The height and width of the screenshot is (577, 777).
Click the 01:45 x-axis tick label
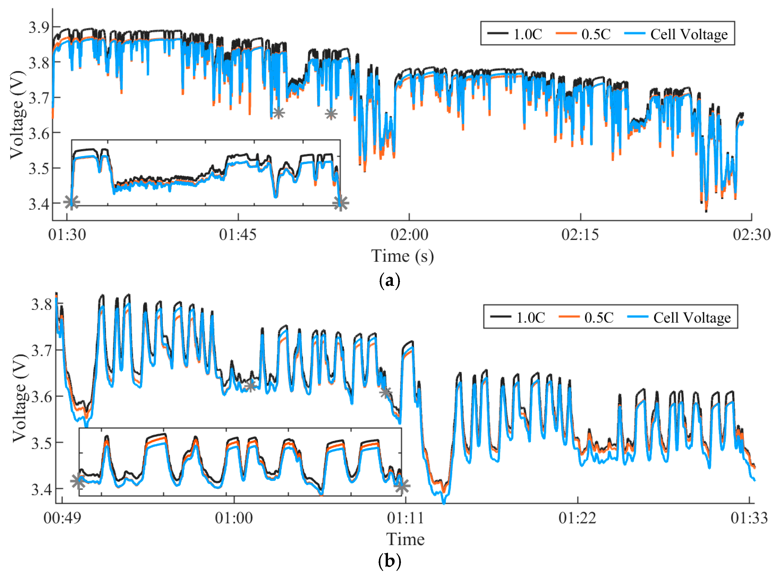(238, 234)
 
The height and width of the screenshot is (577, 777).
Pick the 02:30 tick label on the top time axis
(751, 234)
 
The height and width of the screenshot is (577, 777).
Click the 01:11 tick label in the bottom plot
(405, 518)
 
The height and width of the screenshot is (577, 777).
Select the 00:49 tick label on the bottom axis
(62, 518)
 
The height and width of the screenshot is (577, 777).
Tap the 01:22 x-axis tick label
(577, 518)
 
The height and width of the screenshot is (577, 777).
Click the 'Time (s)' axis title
(402, 256)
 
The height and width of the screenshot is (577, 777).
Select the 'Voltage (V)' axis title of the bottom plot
(20, 398)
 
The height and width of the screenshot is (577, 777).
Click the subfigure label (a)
(389, 280)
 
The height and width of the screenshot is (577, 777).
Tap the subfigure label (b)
(389, 561)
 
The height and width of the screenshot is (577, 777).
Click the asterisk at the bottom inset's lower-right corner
(402, 486)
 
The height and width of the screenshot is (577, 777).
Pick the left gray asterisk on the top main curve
(278, 113)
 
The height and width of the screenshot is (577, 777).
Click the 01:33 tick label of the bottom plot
(749, 518)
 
